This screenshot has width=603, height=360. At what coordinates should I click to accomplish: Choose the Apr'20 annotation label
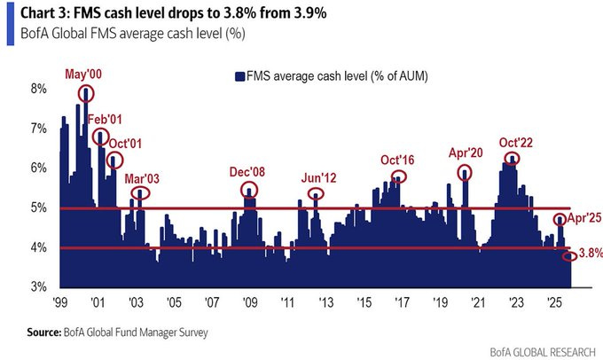[466, 152]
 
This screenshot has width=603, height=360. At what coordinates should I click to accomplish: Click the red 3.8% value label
[591, 254]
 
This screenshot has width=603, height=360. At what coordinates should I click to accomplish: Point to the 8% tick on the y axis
[38, 89]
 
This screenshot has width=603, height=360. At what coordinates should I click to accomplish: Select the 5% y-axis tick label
[38, 208]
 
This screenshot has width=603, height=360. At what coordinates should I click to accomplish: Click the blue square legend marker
[239, 76]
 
